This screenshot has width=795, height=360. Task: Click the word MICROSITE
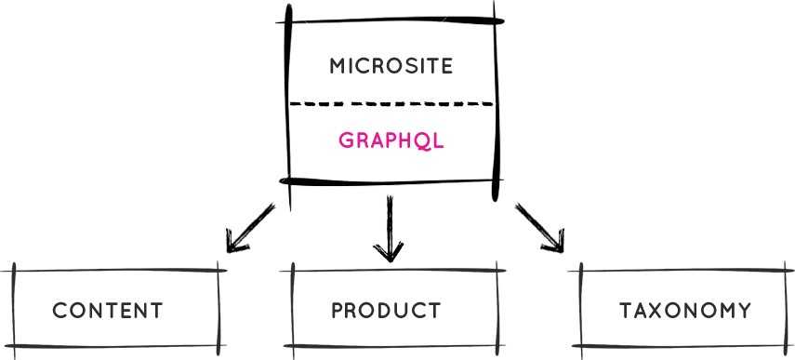(391, 66)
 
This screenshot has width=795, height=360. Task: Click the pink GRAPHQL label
(391, 140)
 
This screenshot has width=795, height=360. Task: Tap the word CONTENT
(108, 311)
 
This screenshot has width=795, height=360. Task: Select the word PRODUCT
(386, 311)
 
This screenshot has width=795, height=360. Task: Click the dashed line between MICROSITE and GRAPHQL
(391, 103)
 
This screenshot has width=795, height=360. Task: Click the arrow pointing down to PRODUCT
(387, 226)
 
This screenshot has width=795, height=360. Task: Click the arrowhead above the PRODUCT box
(387, 251)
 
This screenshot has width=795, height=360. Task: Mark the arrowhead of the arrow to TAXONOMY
(555, 245)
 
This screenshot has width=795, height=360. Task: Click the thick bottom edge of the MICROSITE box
(391, 180)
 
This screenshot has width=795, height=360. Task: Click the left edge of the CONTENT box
(15, 311)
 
